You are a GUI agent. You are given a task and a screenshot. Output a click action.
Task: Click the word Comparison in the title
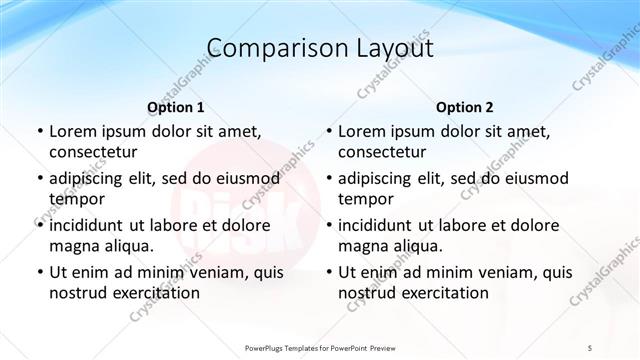(x=268, y=48)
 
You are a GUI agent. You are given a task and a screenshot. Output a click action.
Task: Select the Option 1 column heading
(x=176, y=107)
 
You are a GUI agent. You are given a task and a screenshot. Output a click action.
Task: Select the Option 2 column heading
(x=465, y=107)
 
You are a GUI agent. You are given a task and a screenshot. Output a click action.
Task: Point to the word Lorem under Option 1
(x=72, y=131)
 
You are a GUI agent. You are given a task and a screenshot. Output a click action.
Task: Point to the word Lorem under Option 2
(x=361, y=131)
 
